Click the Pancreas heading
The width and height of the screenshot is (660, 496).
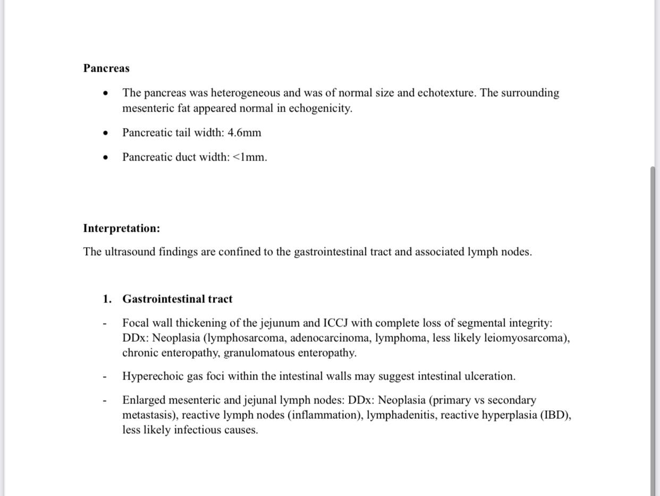[x=106, y=69]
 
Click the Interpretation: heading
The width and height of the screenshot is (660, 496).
[x=121, y=229]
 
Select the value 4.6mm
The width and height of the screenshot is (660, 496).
[x=244, y=133]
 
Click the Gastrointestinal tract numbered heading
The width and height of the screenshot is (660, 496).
[x=177, y=299]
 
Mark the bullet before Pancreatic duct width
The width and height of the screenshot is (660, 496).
[x=107, y=157]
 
